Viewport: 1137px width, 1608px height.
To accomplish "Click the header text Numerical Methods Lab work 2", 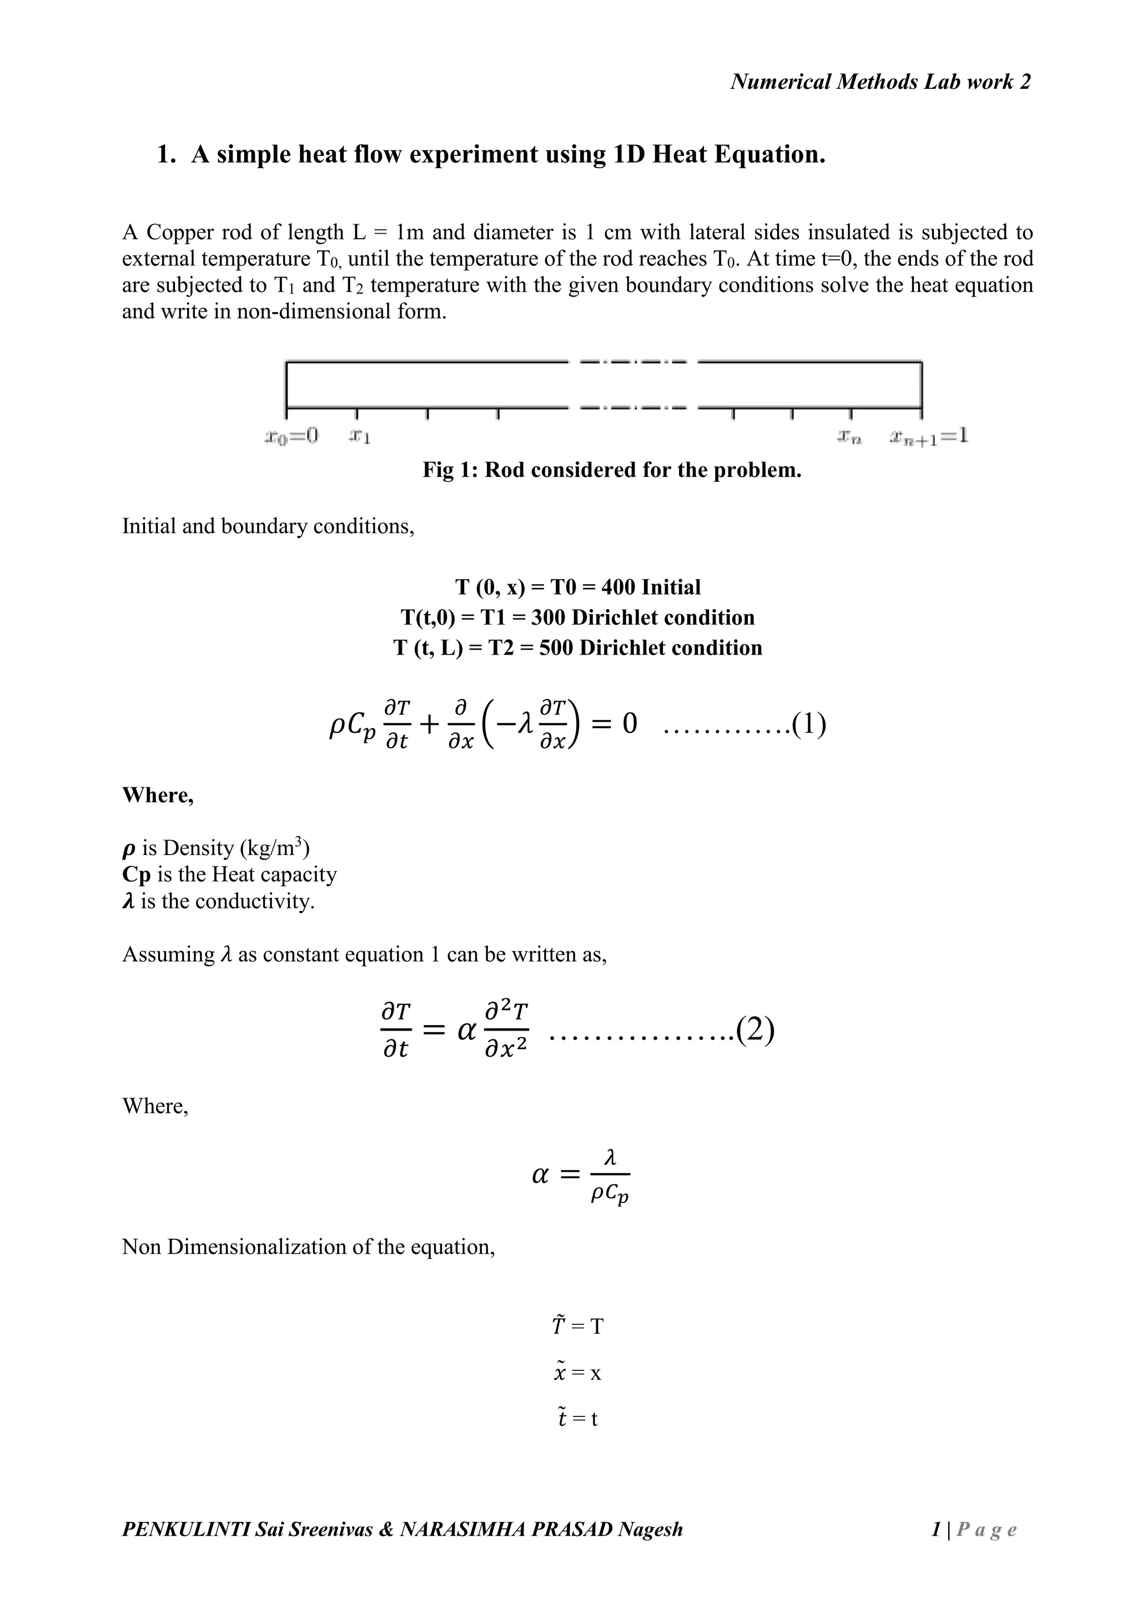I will [880, 82].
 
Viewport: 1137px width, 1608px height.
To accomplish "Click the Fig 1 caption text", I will [611, 469].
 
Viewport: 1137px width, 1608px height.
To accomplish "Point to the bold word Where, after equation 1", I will [158, 795].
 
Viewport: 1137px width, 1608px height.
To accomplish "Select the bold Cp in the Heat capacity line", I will [137, 875].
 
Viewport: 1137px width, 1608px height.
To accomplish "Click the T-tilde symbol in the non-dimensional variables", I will [558, 1326].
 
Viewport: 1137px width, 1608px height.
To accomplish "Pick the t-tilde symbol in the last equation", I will [561, 1418].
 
